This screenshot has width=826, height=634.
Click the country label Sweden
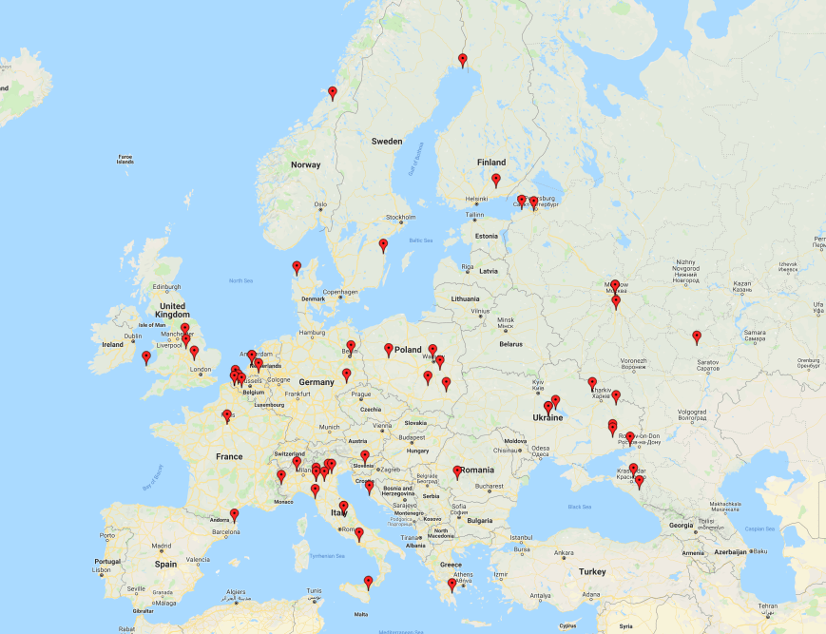tap(387, 141)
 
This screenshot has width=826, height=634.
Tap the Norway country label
tap(306, 164)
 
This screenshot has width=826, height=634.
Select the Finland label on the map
tap(491, 162)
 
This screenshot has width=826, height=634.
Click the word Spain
tap(167, 564)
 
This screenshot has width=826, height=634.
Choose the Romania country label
tap(478, 470)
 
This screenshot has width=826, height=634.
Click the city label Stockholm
tap(401, 218)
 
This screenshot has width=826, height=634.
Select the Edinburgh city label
tap(166, 287)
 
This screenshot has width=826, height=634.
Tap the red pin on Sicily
tap(369, 582)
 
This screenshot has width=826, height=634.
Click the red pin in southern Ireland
tap(146, 358)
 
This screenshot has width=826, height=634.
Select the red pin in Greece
tap(452, 585)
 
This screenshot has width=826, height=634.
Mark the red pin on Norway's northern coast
tap(333, 93)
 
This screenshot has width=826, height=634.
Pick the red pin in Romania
tap(457, 471)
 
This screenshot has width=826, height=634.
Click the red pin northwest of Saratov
tap(697, 336)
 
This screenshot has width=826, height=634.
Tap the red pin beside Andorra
tap(235, 515)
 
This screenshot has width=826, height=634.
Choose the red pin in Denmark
tap(297, 268)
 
